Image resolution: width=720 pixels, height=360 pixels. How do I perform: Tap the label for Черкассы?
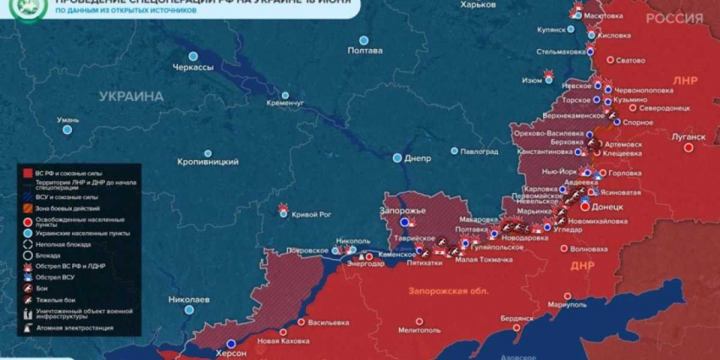click(x=192, y=67)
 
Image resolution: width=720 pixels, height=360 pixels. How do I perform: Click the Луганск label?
click(x=687, y=136)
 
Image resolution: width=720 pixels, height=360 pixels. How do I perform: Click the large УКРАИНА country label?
click(x=131, y=97)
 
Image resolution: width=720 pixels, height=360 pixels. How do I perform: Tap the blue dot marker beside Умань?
click(x=67, y=130)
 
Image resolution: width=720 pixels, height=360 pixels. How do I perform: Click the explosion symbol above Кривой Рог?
click(x=283, y=206)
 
